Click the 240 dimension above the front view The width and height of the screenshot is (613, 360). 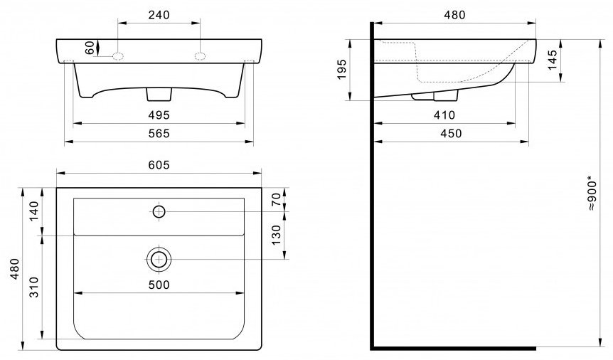(159, 15)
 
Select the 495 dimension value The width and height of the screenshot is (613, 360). (159, 115)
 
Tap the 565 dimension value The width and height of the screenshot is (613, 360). (159, 134)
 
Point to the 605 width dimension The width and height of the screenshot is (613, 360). (159, 165)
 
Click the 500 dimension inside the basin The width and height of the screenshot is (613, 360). (159, 285)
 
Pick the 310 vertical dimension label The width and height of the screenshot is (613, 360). (34, 287)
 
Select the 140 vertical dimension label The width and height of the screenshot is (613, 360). (34, 211)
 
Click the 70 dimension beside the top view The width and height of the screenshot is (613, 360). (277, 199)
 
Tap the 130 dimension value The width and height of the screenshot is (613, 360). (277, 235)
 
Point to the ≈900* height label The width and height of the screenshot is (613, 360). (592, 195)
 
